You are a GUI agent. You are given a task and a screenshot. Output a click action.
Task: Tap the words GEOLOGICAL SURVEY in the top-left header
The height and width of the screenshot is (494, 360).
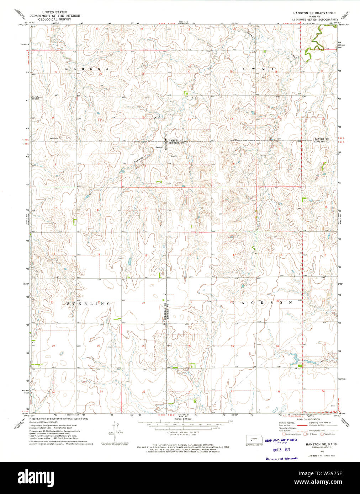(x=55, y=19)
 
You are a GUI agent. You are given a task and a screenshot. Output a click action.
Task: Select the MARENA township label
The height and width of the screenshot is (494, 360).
(x=87, y=68)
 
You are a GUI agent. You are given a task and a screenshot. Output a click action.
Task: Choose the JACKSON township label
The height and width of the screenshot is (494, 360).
(x=262, y=303)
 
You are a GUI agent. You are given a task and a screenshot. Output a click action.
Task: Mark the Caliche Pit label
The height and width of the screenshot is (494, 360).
(x=56, y=138)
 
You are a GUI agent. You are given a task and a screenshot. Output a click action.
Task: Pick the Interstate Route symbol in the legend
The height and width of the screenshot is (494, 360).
(x=284, y=434)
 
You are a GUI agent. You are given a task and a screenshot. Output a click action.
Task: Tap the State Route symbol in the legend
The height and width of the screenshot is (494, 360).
(x=322, y=434)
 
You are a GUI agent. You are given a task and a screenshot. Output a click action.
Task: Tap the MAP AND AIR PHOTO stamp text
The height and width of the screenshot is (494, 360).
(x=281, y=440)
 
